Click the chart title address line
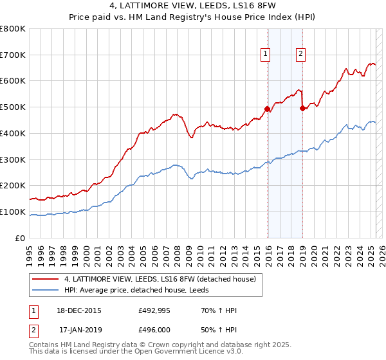(x=192, y=7)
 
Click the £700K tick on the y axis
(x=13, y=55)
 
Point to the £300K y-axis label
(x=13, y=159)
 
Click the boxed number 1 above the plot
(x=266, y=55)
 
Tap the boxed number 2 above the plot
(x=300, y=55)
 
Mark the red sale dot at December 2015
(x=268, y=109)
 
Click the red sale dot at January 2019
(x=302, y=109)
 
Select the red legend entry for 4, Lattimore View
(x=160, y=279)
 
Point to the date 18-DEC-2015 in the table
(x=80, y=310)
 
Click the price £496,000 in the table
(x=155, y=330)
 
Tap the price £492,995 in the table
(x=155, y=310)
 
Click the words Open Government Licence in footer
(x=174, y=352)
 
